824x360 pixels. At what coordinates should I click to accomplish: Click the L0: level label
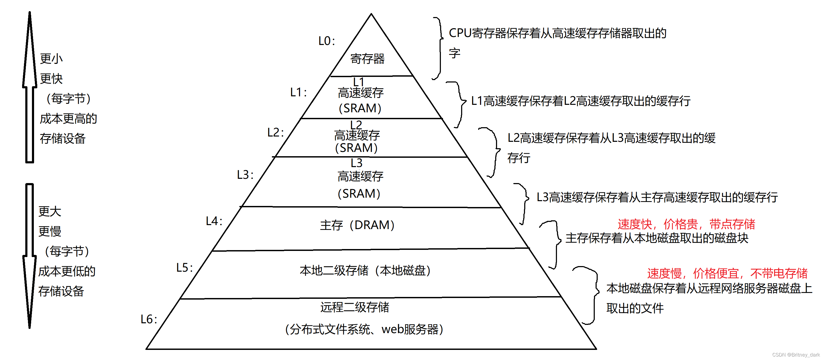click(327, 41)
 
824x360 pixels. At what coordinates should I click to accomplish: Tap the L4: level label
click(214, 221)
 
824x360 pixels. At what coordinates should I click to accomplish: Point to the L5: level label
click(185, 268)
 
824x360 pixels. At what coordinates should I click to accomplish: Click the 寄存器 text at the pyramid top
click(367, 59)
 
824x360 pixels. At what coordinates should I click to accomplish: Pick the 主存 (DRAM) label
click(357, 225)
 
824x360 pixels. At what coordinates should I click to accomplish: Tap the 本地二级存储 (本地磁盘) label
click(365, 271)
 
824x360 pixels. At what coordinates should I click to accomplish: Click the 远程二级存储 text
click(355, 307)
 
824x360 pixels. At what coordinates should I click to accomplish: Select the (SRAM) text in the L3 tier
click(359, 194)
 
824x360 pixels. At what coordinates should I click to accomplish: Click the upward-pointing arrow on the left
click(30, 86)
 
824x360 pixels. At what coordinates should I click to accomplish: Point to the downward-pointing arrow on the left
click(30, 256)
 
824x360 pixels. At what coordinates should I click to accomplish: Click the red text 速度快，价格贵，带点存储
click(686, 224)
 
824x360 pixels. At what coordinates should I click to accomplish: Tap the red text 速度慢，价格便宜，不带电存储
click(727, 273)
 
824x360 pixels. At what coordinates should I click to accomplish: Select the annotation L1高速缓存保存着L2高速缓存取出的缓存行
click(581, 101)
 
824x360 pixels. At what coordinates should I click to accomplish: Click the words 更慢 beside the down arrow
click(50, 231)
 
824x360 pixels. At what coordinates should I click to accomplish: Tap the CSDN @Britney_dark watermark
click(796, 355)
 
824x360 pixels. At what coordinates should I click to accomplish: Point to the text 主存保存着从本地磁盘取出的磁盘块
click(657, 238)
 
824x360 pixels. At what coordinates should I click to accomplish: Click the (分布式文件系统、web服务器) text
click(364, 329)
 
